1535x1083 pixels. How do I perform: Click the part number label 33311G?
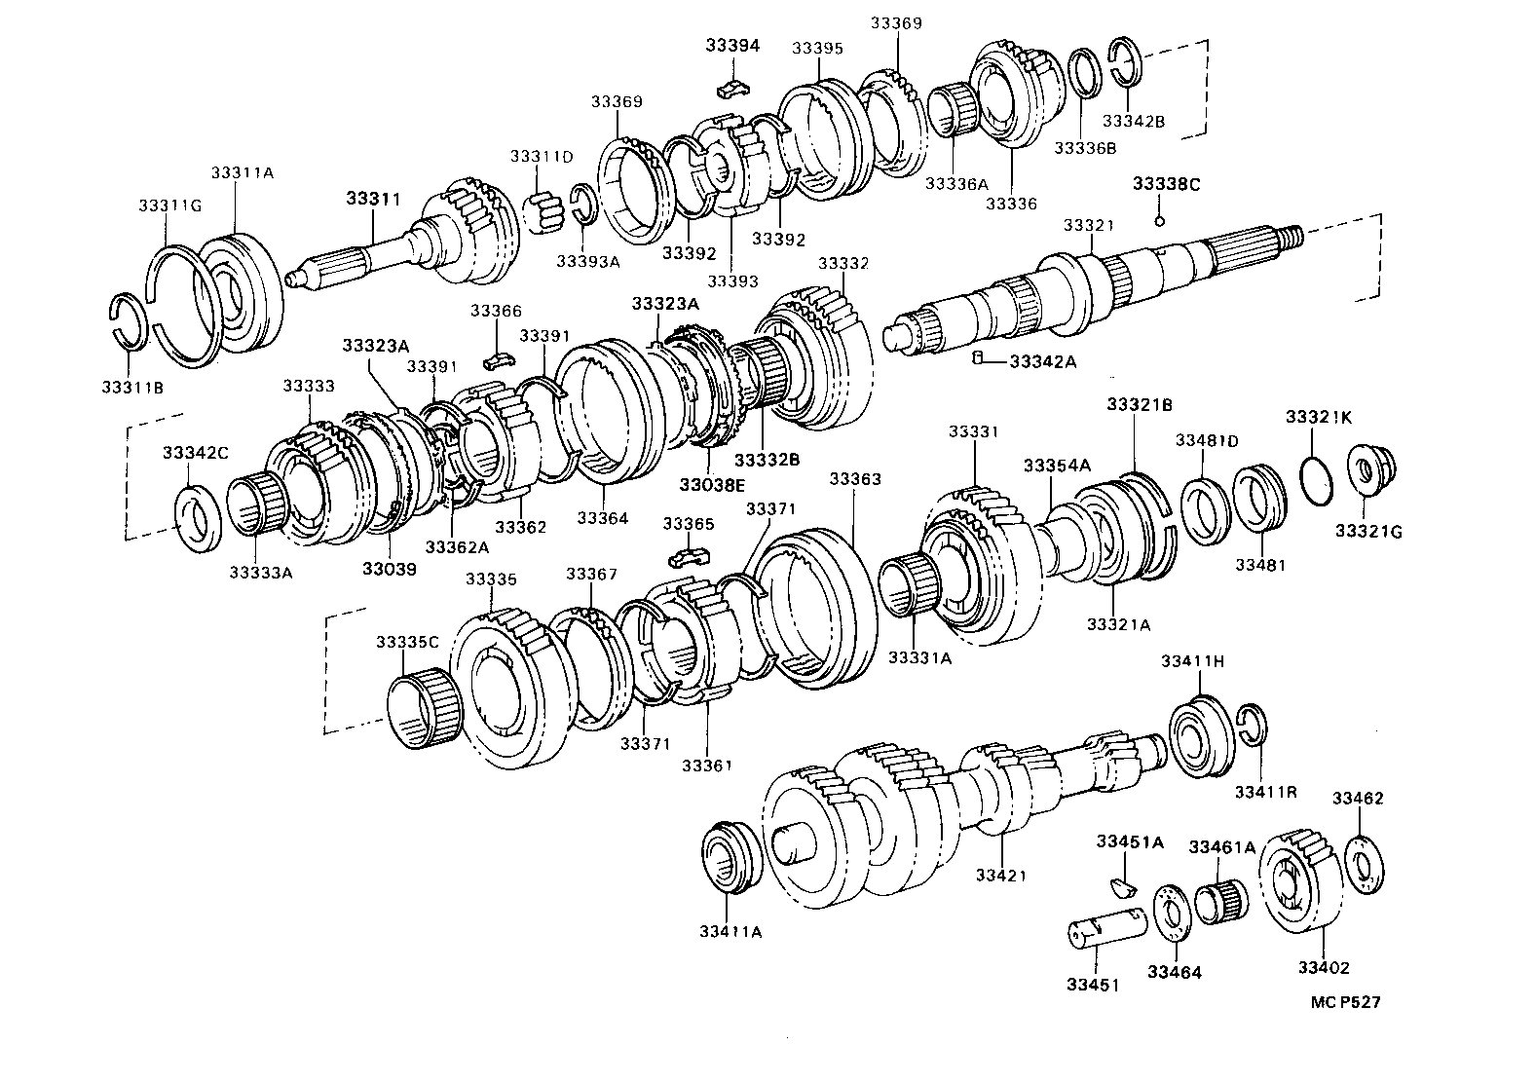point(169,205)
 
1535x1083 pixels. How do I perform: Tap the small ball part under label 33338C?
point(1159,220)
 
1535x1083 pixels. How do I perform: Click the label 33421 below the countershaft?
point(1000,875)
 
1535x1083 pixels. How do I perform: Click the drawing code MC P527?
point(1344,1001)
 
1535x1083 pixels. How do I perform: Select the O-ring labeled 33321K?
point(1319,481)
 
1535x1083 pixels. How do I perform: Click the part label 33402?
point(1324,967)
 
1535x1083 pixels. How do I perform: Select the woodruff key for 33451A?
point(1123,884)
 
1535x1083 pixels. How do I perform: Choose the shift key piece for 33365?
point(690,558)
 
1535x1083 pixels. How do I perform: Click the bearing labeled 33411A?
point(731,856)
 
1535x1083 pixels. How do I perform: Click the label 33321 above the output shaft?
point(1088,225)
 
